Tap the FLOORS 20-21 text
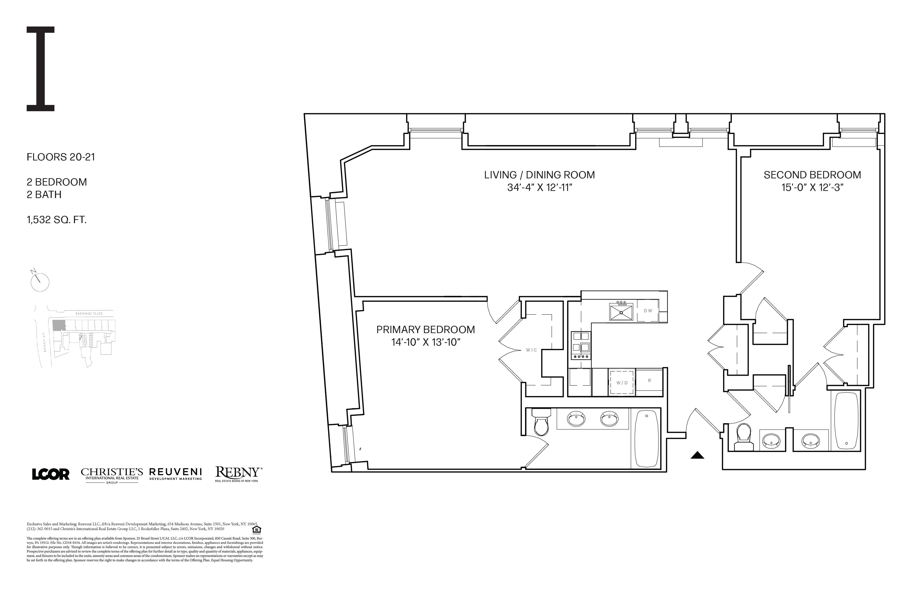[61, 157]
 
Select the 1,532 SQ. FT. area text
[56, 220]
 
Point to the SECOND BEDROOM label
[812, 175]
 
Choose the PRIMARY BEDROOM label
[425, 330]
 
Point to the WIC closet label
[531, 350]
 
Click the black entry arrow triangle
[697, 455]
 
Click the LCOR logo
[51, 474]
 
